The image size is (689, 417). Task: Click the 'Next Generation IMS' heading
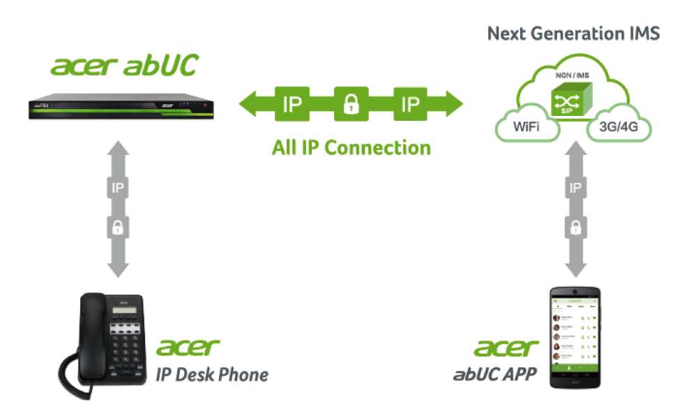[x=573, y=33]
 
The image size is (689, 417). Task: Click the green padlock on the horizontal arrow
[x=351, y=105]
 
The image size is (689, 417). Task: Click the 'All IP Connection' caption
[x=351, y=148]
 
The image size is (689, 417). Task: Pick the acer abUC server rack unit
[x=116, y=107]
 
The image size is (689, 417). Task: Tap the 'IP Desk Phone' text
[x=211, y=374]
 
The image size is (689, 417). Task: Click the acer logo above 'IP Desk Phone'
[x=188, y=346]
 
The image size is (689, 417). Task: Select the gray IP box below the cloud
[x=575, y=188]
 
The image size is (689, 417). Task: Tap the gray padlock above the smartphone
[x=575, y=226]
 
